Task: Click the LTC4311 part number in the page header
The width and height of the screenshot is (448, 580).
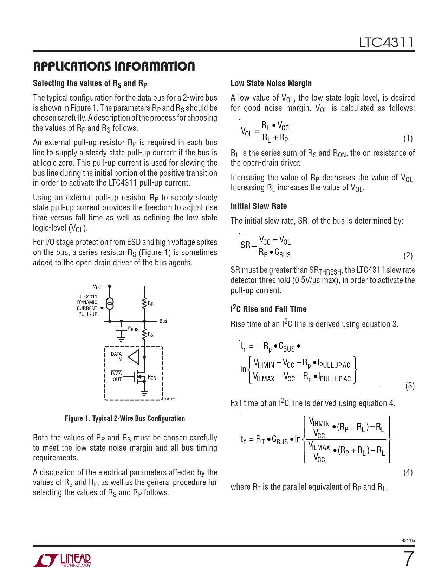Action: [x=386, y=43]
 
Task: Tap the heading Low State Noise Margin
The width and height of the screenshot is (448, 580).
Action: [x=271, y=83]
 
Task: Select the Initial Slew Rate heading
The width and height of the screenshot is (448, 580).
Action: [x=259, y=206]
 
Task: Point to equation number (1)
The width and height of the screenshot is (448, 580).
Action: [x=408, y=138]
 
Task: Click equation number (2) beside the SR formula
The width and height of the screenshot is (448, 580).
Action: [x=408, y=256]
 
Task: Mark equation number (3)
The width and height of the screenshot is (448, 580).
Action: [x=410, y=386]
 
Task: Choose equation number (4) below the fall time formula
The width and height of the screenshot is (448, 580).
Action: [x=408, y=472]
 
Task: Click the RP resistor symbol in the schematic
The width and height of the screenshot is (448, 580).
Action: [x=144, y=303]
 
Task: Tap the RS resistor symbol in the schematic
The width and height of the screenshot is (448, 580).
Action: [x=144, y=334]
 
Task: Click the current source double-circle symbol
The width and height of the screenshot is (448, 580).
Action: [x=110, y=303]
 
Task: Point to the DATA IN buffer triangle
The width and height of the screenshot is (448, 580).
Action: [x=134, y=357]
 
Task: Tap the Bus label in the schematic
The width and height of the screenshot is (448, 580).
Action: [x=163, y=321]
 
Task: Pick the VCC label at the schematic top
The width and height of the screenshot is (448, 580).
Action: [x=97, y=287]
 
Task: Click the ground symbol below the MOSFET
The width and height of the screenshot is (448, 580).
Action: [x=144, y=393]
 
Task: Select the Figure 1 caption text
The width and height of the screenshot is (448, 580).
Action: [x=125, y=418]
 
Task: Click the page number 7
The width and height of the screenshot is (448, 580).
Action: [x=408, y=559]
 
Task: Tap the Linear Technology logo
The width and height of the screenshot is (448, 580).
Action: [x=62, y=560]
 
